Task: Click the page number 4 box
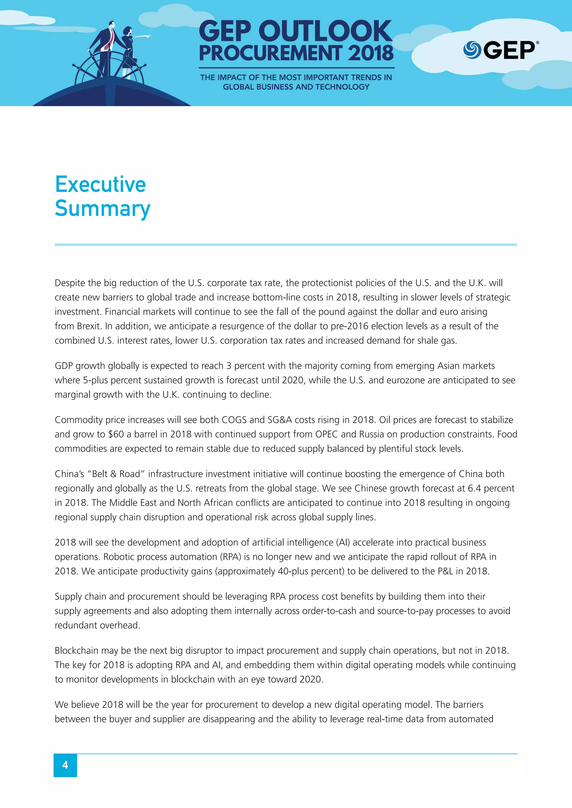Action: (65, 765)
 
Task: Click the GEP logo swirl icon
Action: (472, 50)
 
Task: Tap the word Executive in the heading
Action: (100, 184)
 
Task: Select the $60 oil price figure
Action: (116, 434)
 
